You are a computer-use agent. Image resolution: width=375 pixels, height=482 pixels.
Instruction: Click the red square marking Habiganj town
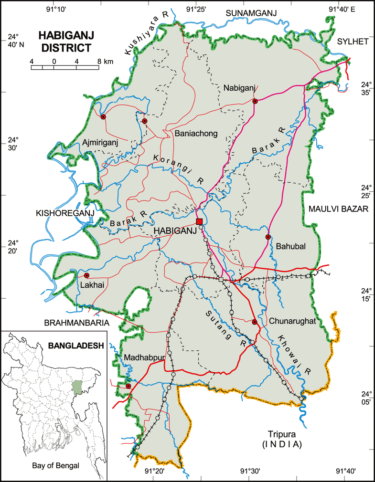[x=200, y=221]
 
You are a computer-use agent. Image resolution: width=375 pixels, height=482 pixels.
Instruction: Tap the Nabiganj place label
[x=240, y=88]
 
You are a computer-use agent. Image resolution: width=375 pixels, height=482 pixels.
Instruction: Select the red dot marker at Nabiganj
[x=255, y=101]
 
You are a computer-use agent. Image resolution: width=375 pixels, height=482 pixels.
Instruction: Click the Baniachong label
[x=196, y=133]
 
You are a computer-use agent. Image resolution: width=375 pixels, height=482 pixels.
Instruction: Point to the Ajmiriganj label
[x=100, y=142]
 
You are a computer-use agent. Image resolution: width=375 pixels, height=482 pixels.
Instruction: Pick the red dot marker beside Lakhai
[x=87, y=275]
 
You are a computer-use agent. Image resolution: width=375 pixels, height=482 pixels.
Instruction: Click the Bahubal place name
[x=290, y=246]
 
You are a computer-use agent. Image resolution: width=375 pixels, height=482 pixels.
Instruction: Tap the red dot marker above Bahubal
[x=268, y=237]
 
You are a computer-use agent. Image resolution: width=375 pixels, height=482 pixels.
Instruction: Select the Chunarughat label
[x=292, y=321]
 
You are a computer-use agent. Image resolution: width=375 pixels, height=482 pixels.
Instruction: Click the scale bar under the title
[x=65, y=67]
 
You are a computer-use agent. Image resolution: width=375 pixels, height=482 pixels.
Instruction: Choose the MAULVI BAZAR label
[x=336, y=209]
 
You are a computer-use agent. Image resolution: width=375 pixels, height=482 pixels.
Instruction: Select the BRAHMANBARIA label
[x=76, y=323]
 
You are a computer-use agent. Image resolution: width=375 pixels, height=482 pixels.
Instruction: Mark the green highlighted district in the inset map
[x=76, y=386]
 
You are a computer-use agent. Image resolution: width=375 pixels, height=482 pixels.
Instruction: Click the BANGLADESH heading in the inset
[x=76, y=346]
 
